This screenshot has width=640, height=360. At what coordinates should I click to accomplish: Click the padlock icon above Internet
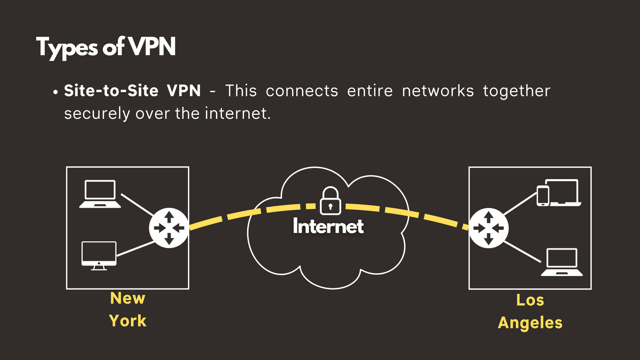(330, 201)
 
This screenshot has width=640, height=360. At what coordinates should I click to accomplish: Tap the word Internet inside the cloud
(328, 226)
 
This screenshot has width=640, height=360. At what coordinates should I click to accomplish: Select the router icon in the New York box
(169, 228)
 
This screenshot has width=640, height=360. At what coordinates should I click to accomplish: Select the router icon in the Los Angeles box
(488, 228)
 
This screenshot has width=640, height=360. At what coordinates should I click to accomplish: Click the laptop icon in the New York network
(100, 194)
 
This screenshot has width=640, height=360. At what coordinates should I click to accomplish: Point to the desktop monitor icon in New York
(99, 255)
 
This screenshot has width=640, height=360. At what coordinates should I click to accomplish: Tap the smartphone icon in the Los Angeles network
(543, 196)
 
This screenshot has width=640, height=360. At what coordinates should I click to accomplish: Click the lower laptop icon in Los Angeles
(562, 262)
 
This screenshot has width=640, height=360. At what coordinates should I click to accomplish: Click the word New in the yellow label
(128, 298)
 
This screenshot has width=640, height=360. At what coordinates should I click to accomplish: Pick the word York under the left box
(128, 321)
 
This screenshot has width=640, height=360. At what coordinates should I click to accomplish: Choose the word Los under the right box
(530, 300)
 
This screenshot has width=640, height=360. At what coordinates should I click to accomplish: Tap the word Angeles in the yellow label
(530, 323)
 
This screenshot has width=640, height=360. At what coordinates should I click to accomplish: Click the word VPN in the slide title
(152, 47)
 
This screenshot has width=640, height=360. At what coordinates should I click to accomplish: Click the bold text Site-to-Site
(111, 91)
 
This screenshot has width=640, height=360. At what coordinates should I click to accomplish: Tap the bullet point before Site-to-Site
(56, 92)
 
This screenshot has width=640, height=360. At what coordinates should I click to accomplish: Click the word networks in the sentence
(438, 91)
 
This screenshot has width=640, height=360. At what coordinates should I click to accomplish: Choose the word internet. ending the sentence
(238, 114)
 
